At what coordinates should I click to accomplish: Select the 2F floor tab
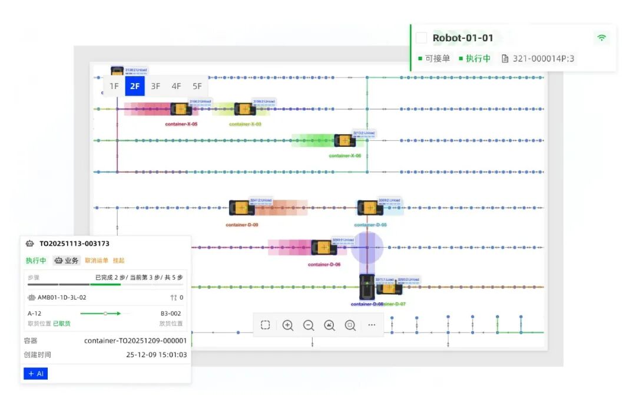click(135, 86)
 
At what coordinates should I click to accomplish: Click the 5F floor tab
click(197, 86)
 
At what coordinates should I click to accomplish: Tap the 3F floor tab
click(155, 86)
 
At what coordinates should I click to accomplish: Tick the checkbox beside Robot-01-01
click(421, 38)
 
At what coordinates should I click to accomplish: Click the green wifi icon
click(601, 38)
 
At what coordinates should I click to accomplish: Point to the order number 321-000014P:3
click(542, 58)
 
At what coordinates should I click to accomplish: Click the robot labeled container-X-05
click(181, 109)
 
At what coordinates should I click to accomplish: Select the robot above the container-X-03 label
click(244, 109)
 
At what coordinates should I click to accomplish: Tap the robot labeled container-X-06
click(344, 140)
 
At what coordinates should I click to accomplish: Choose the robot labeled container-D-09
click(241, 208)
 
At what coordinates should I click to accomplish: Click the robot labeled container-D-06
click(323, 247)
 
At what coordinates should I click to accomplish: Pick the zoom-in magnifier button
click(287, 325)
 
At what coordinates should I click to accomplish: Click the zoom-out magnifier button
click(308, 325)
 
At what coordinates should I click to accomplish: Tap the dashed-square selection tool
click(266, 325)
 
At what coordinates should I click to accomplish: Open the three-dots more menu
click(372, 325)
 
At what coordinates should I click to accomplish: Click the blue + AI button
click(35, 374)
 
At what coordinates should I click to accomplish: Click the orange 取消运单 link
click(96, 261)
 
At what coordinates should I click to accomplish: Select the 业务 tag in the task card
click(67, 261)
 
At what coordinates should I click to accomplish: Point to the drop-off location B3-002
click(171, 314)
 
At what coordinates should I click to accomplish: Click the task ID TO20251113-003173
click(74, 243)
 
